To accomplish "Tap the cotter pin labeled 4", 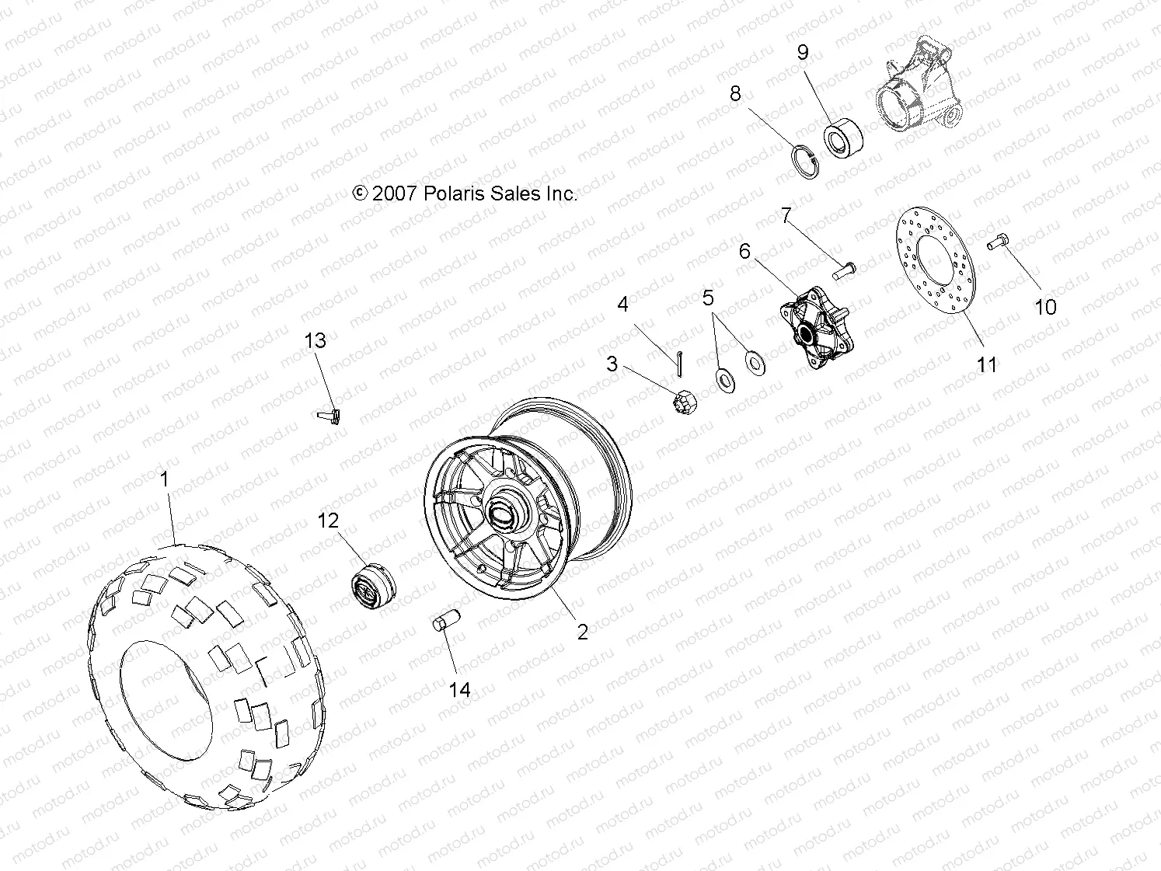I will pyautogui.click(x=678, y=360).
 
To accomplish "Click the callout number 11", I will pyautogui.click(x=986, y=364).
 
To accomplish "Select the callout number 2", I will pyautogui.click(x=582, y=632).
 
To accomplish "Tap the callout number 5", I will pyautogui.click(x=707, y=298).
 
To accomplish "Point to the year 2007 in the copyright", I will pyautogui.click(x=394, y=193).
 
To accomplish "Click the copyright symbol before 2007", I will pyautogui.click(x=360, y=193).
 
